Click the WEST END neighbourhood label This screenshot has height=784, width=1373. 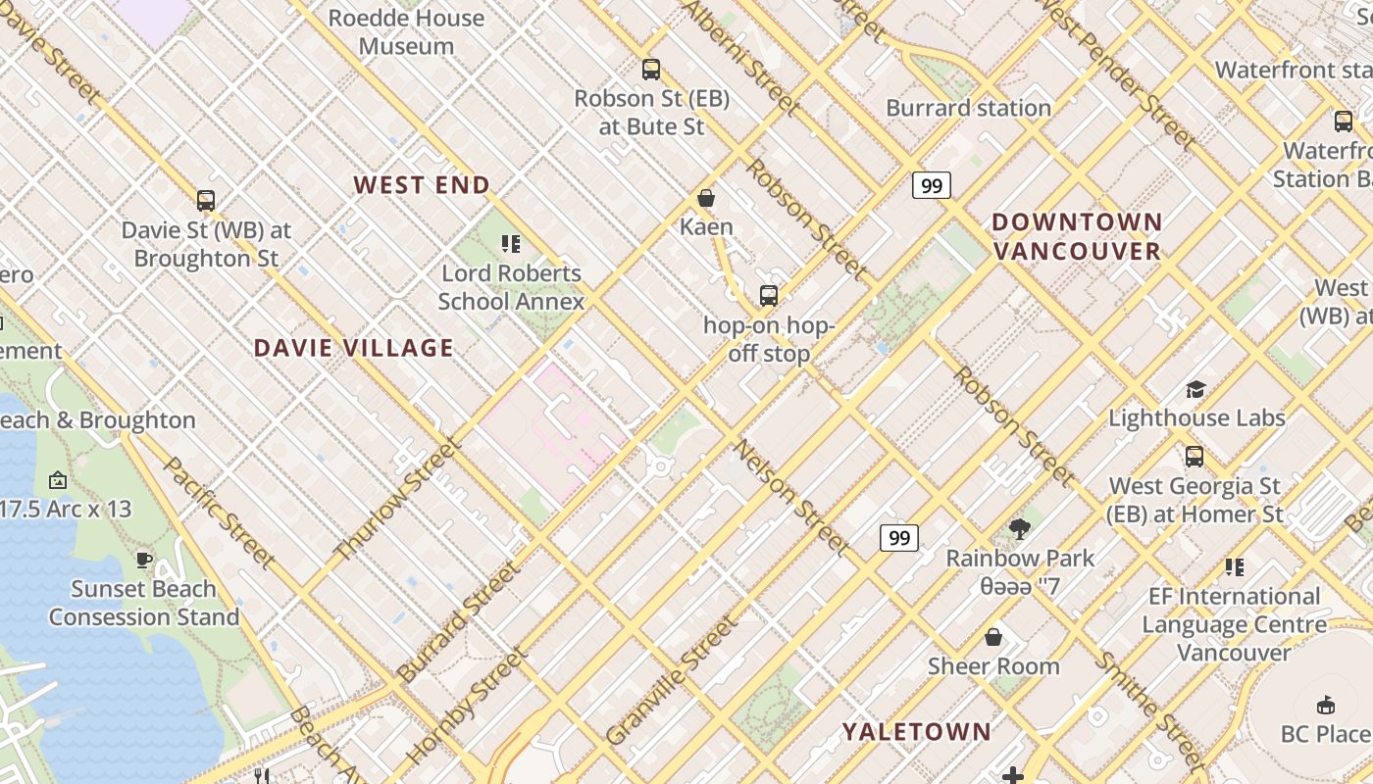pyautogui.click(x=422, y=185)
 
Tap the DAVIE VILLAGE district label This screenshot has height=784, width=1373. pyautogui.click(x=354, y=348)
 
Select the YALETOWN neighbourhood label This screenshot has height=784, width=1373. pyautogui.click(x=917, y=732)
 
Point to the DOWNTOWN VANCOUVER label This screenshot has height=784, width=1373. pyautogui.click(x=1077, y=236)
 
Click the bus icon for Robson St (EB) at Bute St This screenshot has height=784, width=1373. pyautogui.click(x=651, y=70)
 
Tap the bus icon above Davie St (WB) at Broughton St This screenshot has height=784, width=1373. pyautogui.click(x=206, y=201)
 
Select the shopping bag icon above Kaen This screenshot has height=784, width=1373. pyautogui.click(x=706, y=199)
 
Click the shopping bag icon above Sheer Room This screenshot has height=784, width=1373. pyautogui.click(x=993, y=638)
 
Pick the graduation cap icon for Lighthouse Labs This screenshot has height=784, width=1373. pyautogui.click(x=1195, y=390)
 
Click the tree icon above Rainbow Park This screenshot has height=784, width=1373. pyautogui.click(x=1020, y=529)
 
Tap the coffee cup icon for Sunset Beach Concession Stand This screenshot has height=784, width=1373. pyautogui.click(x=144, y=561)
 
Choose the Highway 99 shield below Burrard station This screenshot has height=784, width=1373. pyautogui.click(x=931, y=185)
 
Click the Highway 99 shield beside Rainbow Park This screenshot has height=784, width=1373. pyautogui.click(x=898, y=537)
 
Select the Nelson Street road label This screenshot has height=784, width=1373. pyautogui.click(x=790, y=496)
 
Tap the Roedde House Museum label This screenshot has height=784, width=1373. pyautogui.click(x=406, y=31)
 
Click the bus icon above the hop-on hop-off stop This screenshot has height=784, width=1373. pyautogui.click(x=769, y=295)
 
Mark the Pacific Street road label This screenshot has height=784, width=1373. pyautogui.click(x=218, y=512)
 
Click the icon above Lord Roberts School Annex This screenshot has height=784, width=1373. pyautogui.click(x=510, y=244)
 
